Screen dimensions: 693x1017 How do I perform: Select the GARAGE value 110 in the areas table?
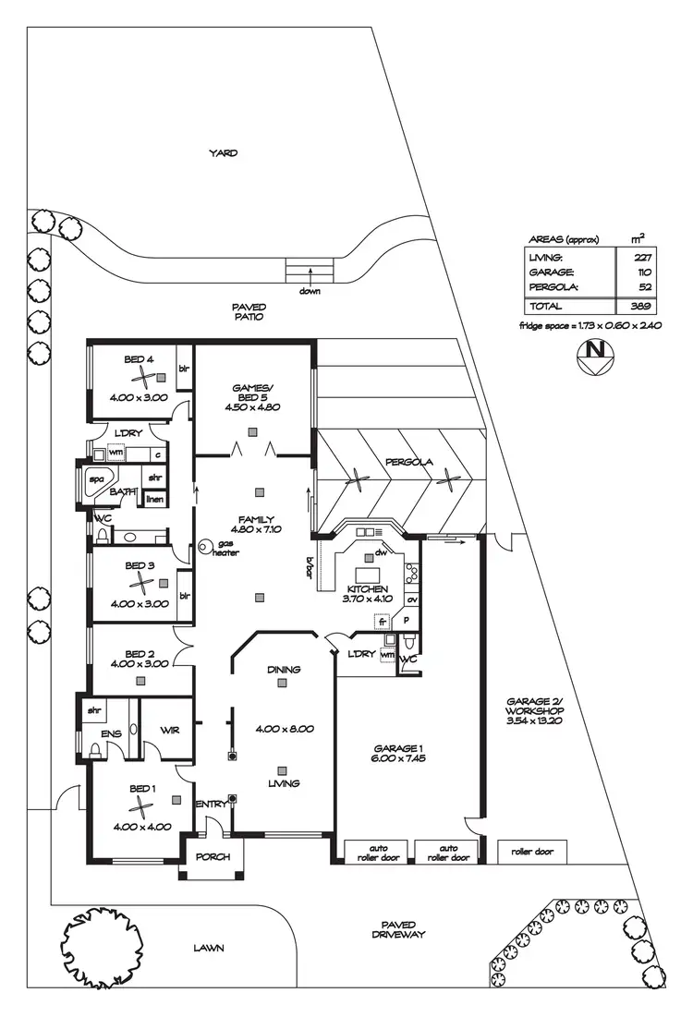[643, 272]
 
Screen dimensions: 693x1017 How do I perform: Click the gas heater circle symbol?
[205, 548]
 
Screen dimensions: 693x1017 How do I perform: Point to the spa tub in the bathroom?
[97, 481]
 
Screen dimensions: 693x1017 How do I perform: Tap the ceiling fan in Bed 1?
[140, 808]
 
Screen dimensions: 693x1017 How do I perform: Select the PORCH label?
[213, 857]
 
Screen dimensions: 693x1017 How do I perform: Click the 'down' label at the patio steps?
[310, 291]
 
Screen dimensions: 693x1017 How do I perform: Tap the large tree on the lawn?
[101, 942]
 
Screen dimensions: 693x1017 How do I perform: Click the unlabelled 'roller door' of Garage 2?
[532, 852]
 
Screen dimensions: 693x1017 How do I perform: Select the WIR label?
[169, 731]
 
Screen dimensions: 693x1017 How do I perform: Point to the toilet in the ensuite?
[95, 749]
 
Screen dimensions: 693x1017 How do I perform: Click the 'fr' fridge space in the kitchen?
[383, 622]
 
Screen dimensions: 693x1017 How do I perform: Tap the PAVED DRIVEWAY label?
[398, 929]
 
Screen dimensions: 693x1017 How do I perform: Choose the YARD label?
[224, 153]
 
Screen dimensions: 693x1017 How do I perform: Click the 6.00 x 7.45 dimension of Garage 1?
[398, 757]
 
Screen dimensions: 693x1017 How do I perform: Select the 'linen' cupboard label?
[154, 500]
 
